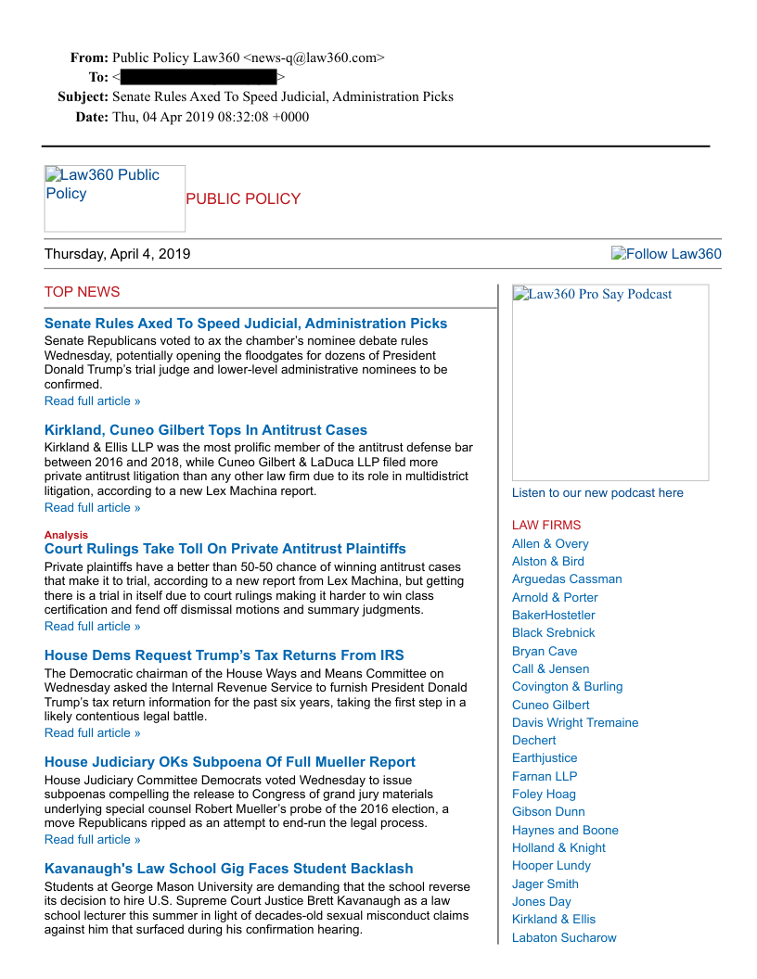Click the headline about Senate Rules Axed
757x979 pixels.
pos(246,324)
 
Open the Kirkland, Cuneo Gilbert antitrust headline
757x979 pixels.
pos(206,430)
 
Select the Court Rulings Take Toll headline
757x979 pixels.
pos(225,549)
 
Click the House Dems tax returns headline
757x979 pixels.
pos(225,655)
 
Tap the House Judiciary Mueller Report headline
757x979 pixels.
pos(230,762)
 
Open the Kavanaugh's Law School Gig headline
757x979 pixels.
pos(229,869)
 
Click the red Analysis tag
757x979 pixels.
pos(66,535)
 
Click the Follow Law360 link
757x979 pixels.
pos(666,254)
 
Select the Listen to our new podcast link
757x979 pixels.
pos(597,492)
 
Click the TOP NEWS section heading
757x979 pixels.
pos(82,292)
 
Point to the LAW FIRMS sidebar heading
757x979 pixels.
pos(546,525)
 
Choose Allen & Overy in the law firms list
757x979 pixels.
pos(550,543)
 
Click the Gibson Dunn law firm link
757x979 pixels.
pos(548,811)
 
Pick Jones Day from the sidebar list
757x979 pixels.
pos(542,901)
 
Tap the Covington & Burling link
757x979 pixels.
pos(568,686)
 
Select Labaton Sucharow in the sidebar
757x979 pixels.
pos(564,937)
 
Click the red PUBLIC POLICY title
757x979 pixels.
pos(243,198)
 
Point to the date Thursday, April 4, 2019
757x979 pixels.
pos(118,254)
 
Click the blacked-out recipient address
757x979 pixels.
pos(199,77)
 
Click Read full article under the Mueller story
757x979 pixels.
pos(93,839)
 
